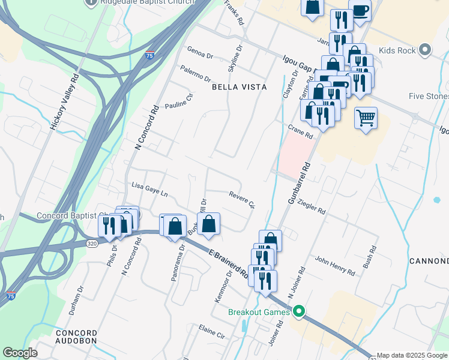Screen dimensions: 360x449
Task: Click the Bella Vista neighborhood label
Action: [239, 87]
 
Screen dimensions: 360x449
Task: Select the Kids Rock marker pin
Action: [426, 50]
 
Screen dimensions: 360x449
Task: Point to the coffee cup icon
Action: [360, 11]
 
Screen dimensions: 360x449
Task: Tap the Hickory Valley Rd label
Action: [65, 102]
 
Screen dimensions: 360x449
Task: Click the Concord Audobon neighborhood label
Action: [76, 337]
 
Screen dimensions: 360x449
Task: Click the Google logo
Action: [20, 353]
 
